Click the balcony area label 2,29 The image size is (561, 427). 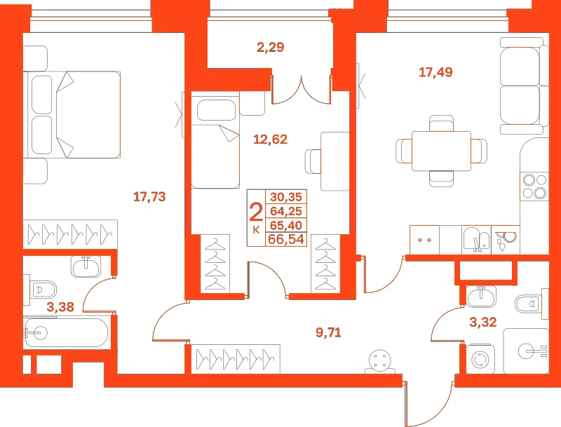(271, 47)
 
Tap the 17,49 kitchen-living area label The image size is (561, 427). (435, 72)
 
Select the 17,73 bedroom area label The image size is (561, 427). (149, 197)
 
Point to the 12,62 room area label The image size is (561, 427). (270, 139)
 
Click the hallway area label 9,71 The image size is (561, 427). (328, 333)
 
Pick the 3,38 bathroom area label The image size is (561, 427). (60, 307)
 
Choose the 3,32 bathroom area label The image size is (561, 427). (483, 323)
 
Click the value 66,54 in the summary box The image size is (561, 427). (286, 239)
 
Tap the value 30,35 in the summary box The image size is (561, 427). (286, 197)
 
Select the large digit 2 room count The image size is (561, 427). (256, 212)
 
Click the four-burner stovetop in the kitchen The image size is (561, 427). (534, 186)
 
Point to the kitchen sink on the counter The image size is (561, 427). (476, 239)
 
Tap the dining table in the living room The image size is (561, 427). (441, 151)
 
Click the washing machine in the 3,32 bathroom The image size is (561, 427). (480, 359)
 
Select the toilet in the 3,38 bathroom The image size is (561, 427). (41, 290)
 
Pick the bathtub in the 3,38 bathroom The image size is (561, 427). (65, 333)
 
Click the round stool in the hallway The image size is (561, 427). (380, 360)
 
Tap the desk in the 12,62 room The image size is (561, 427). (335, 161)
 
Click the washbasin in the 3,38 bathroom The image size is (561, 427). (86, 266)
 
